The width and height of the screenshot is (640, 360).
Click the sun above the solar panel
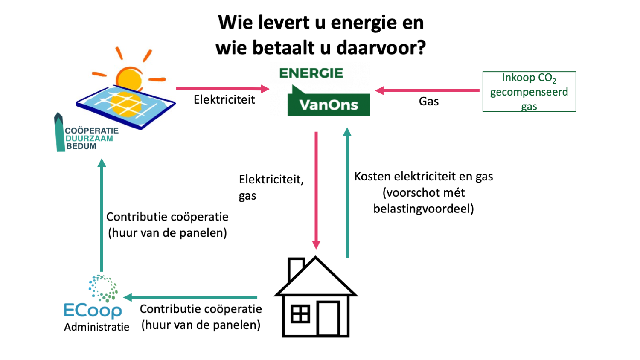click(129, 78)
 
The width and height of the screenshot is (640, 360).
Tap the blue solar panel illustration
click(126, 107)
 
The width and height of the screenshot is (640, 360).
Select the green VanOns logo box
click(329, 105)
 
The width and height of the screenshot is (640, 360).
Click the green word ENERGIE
click(311, 73)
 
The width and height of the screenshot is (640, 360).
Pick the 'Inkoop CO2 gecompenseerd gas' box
click(529, 92)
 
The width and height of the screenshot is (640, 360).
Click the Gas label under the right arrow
click(428, 102)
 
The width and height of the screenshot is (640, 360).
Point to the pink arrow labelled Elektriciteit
click(223, 89)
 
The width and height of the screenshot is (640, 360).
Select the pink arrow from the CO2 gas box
click(427, 90)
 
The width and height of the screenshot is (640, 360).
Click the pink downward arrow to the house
click(316, 190)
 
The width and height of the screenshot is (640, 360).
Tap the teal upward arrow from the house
click(347, 192)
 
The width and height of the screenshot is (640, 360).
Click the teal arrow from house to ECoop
click(190, 297)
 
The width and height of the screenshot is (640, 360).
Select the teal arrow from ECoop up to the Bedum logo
click(102, 215)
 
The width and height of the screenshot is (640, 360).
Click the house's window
click(300, 314)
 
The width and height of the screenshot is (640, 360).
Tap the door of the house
click(328, 318)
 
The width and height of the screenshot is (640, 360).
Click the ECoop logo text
click(93, 311)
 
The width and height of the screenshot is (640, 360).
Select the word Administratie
click(96, 327)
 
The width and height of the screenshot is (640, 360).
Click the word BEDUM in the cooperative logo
click(81, 146)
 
